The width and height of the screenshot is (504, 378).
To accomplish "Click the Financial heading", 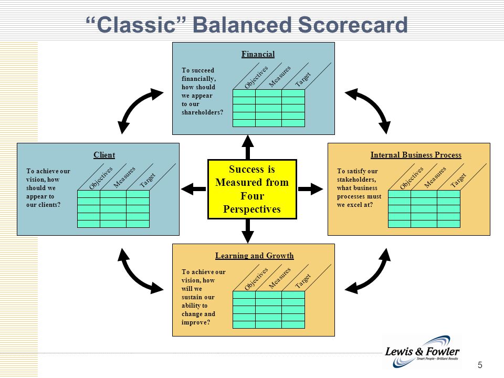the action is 258,54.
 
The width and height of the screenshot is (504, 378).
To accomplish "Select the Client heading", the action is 104,155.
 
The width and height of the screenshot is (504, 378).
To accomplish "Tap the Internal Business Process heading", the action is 416,155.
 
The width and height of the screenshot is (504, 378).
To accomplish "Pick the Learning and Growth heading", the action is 254,256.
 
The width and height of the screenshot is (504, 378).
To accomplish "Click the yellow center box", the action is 253,190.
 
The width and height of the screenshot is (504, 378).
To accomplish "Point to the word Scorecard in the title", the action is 353,25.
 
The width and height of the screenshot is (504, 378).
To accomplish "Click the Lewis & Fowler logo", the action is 422,352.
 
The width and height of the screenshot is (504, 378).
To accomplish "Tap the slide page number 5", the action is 480,365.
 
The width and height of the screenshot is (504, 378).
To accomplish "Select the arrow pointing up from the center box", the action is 248,147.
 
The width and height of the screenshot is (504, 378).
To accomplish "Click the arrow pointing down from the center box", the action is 248,231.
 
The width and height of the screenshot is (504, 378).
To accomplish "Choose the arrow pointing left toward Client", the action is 194,189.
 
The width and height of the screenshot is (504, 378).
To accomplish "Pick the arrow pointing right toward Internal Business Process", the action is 310,189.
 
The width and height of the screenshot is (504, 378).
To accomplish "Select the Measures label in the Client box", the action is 124,177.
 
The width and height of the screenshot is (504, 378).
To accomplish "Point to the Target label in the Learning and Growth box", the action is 303,280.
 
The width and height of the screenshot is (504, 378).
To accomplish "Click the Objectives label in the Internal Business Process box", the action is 412,178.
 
